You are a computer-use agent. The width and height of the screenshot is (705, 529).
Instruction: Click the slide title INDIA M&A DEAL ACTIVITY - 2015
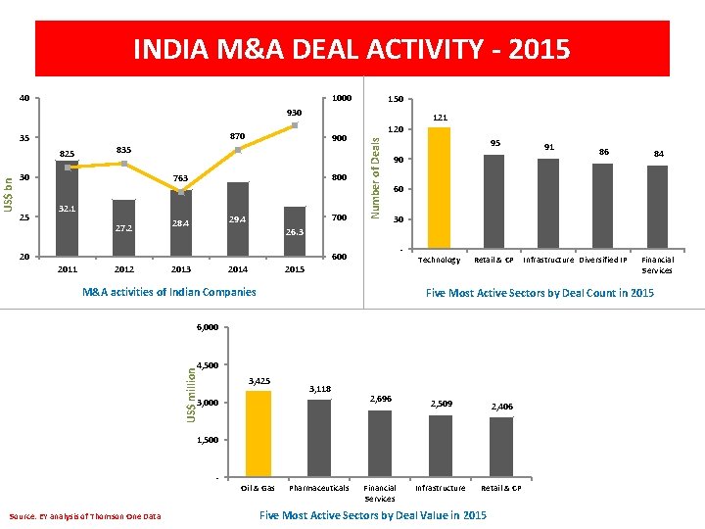tap(352, 49)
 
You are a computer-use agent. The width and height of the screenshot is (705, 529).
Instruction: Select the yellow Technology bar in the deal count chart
tap(440, 187)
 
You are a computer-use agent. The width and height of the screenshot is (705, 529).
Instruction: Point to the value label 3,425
tap(259, 380)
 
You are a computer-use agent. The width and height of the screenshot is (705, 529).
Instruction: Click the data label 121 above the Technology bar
tap(440, 118)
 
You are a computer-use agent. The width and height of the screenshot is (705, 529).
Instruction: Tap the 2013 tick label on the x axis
tap(181, 269)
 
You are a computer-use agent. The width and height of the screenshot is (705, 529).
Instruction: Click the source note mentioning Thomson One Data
tap(84, 516)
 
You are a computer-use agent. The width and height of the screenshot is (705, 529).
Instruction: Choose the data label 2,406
tap(501, 406)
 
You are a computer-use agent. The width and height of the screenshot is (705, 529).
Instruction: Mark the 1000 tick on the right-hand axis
tap(342, 98)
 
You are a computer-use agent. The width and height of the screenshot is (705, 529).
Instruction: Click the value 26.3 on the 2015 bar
tap(295, 233)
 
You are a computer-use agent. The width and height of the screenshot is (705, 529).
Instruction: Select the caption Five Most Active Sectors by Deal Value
tap(372, 515)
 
